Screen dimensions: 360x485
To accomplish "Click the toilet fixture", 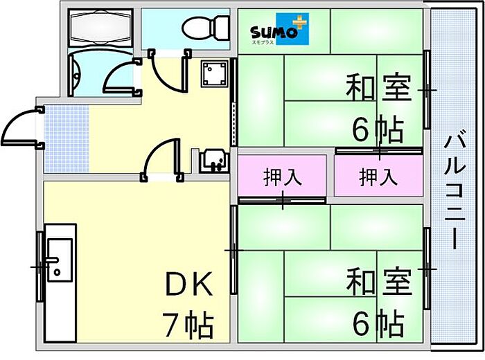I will coord(206,28).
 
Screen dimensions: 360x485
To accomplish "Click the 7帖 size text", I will coord(188,322).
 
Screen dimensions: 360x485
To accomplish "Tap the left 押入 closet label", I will coord(283,177).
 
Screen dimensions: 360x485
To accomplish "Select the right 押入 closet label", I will coord(378,177).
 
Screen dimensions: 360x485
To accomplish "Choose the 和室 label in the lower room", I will coord(378,282).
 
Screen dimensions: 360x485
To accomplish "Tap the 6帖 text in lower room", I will coord(378,322).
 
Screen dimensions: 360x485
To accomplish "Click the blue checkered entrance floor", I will coord(67,138).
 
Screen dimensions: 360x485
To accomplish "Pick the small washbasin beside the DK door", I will coord(211,162).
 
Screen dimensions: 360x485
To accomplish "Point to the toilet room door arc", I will coord(166,69).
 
